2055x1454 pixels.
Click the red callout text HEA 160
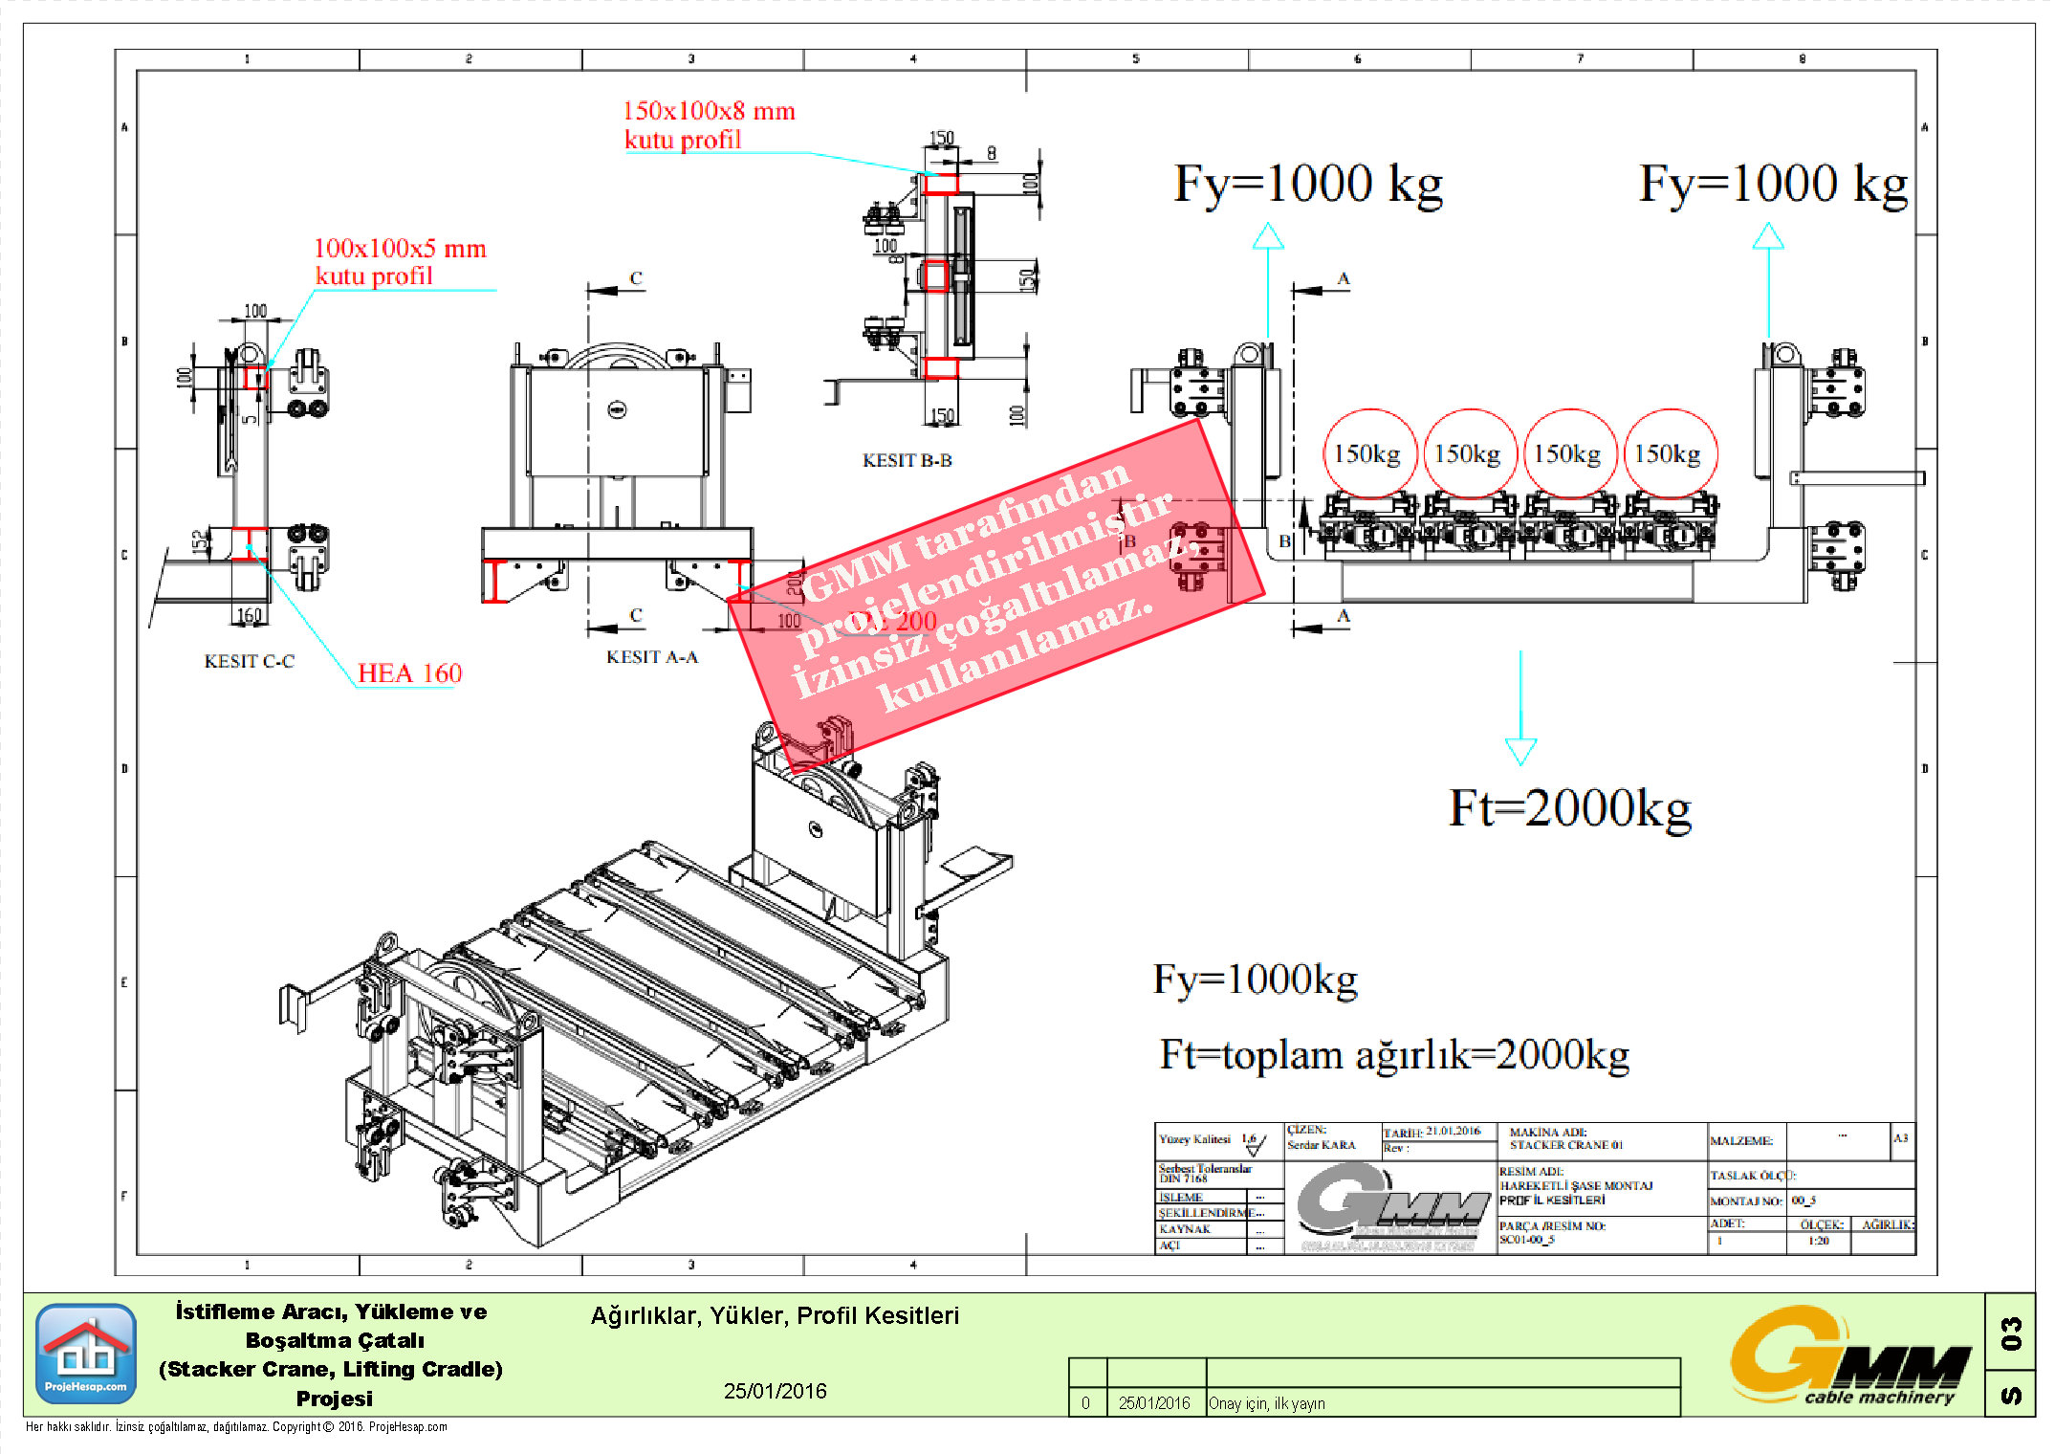coord(409,673)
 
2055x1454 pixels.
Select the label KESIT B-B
coord(907,460)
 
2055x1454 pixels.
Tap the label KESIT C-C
coord(249,661)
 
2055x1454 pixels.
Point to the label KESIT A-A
coord(652,657)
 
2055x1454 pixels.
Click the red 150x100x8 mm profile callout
coord(708,124)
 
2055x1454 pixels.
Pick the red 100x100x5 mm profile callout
coord(400,261)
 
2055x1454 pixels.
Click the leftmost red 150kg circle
coord(1368,453)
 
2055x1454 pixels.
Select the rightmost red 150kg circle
coord(1669,453)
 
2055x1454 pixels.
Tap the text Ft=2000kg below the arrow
coord(1569,808)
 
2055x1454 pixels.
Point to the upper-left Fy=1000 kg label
coord(1307,184)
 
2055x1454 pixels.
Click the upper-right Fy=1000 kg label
coord(1772,184)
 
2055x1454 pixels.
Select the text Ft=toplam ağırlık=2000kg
coord(1393,1054)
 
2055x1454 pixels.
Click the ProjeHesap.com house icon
coord(86,1353)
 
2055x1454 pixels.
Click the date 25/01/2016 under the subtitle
coord(775,1391)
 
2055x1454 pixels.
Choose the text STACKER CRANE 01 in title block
coord(1565,1145)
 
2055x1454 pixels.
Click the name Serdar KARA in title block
coord(1321,1145)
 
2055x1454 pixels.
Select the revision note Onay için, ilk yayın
coord(1266,1403)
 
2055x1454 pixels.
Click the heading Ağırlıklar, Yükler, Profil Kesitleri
coord(775,1315)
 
